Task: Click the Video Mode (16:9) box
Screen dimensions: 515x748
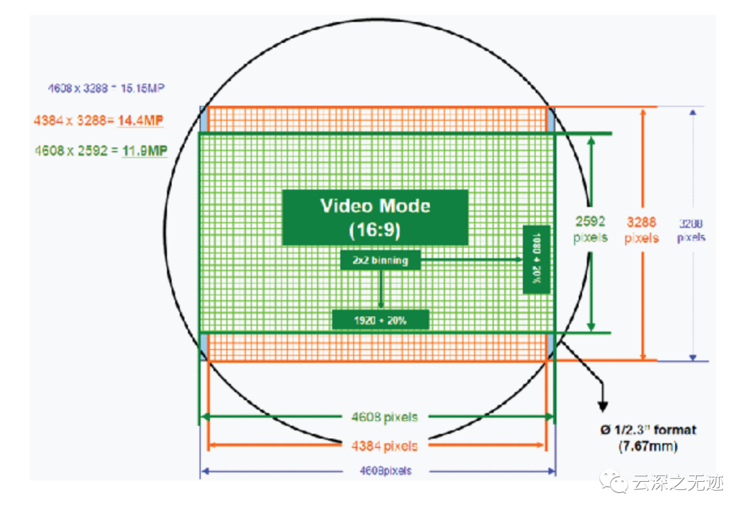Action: click(375, 217)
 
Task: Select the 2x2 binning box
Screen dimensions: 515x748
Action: click(380, 261)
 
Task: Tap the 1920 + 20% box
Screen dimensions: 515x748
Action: click(380, 320)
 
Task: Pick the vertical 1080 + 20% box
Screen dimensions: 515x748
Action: click(537, 259)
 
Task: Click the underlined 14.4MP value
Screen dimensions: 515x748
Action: click(141, 121)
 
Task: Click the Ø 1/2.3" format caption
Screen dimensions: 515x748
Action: click(648, 430)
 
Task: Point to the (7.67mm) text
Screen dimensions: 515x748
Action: click(648, 446)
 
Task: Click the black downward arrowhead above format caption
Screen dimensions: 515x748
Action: click(603, 406)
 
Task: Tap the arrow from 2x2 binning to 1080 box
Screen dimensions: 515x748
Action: click(471, 260)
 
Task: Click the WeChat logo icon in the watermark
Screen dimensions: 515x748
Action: click(614, 481)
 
